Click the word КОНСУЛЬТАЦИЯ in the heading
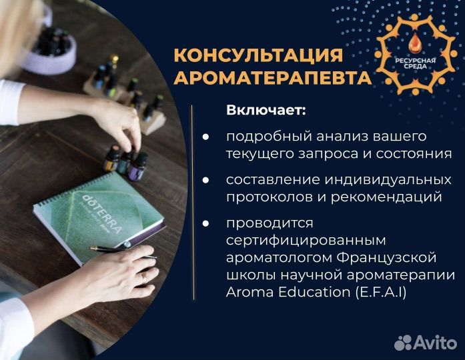[x=258, y=55]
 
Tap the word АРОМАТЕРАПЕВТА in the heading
[x=273, y=77]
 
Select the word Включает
[x=266, y=110]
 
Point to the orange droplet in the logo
[x=413, y=42]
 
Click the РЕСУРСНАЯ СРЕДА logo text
[x=415, y=63]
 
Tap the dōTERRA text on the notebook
[x=101, y=213]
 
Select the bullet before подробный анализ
[x=205, y=137]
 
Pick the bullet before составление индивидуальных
[x=205, y=180]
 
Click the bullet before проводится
[x=205, y=223]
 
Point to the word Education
[x=314, y=293]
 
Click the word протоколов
[x=270, y=197]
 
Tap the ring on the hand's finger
[x=144, y=278]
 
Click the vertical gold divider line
[x=193, y=203]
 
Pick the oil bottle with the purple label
[x=137, y=167]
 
